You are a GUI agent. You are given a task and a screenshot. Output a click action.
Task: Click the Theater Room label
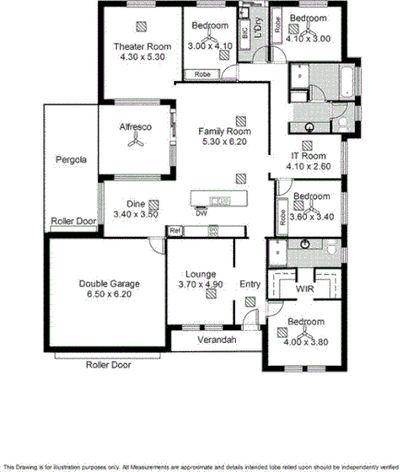point(142,46)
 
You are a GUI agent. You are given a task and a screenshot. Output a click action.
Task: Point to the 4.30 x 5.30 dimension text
point(142,56)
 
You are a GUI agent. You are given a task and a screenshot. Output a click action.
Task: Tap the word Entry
point(250,284)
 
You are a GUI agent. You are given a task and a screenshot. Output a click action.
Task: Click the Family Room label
point(224,132)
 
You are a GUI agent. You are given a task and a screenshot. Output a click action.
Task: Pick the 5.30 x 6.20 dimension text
point(224,143)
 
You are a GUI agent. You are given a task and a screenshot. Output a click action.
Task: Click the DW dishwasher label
point(200,214)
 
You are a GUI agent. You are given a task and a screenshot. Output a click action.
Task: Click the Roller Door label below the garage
point(108,365)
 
